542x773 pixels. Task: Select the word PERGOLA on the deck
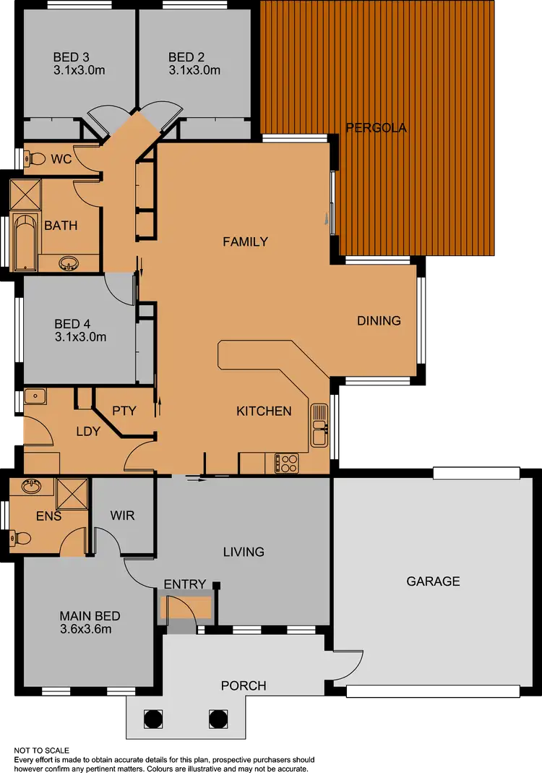click(376, 128)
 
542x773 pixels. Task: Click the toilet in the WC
click(33, 158)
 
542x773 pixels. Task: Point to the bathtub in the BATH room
click(25, 242)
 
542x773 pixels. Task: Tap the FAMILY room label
click(245, 242)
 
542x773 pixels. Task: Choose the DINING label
click(379, 320)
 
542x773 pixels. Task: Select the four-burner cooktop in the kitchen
click(287, 463)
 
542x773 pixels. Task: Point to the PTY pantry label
click(124, 411)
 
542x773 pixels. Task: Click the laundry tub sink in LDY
click(35, 396)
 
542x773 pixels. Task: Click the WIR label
click(122, 516)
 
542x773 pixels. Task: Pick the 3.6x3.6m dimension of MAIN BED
click(85, 629)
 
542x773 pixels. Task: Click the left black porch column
click(153, 719)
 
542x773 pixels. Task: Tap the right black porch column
click(218, 719)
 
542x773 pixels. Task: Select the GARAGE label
click(433, 581)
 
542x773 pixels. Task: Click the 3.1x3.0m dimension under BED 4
click(80, 337)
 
